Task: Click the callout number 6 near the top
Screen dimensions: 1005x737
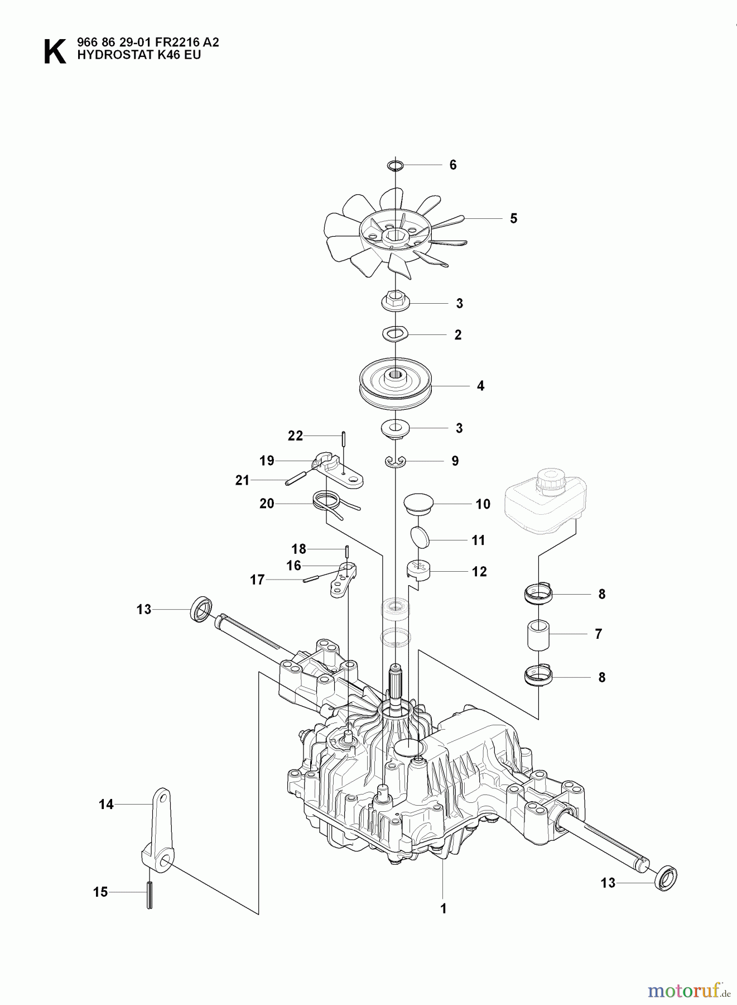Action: (452, 165)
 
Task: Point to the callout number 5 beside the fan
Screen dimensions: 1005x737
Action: (513, 218)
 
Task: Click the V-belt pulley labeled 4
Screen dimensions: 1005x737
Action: (395, 385)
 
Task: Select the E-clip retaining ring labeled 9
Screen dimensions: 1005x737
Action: (395, 461)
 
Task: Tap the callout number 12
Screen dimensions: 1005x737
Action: (479, 572)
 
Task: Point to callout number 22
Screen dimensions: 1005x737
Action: (295, 436)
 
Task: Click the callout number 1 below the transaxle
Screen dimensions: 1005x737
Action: (443, 909)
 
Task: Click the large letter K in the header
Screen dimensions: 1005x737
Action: (54, 52)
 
